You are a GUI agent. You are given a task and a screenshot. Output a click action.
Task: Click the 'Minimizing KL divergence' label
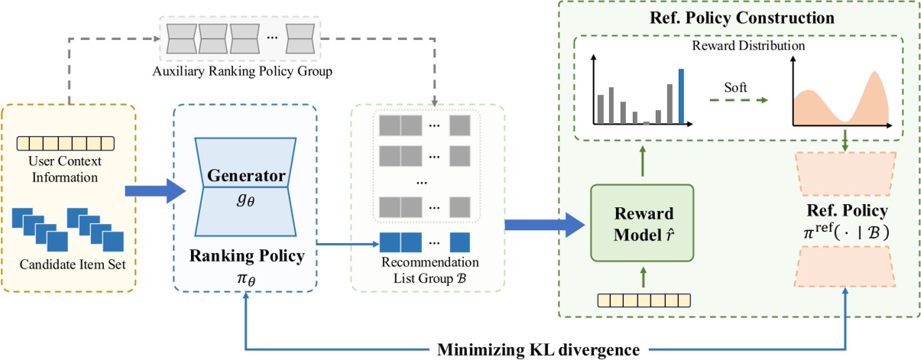[x=538, y=350]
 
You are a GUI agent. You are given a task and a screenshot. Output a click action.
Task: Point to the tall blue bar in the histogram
[x=681, y=96]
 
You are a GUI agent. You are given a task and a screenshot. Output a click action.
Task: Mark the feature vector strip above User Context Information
[x=65, y=142]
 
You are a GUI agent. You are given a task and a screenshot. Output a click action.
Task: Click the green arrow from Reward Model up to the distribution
[x=642, y=160]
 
